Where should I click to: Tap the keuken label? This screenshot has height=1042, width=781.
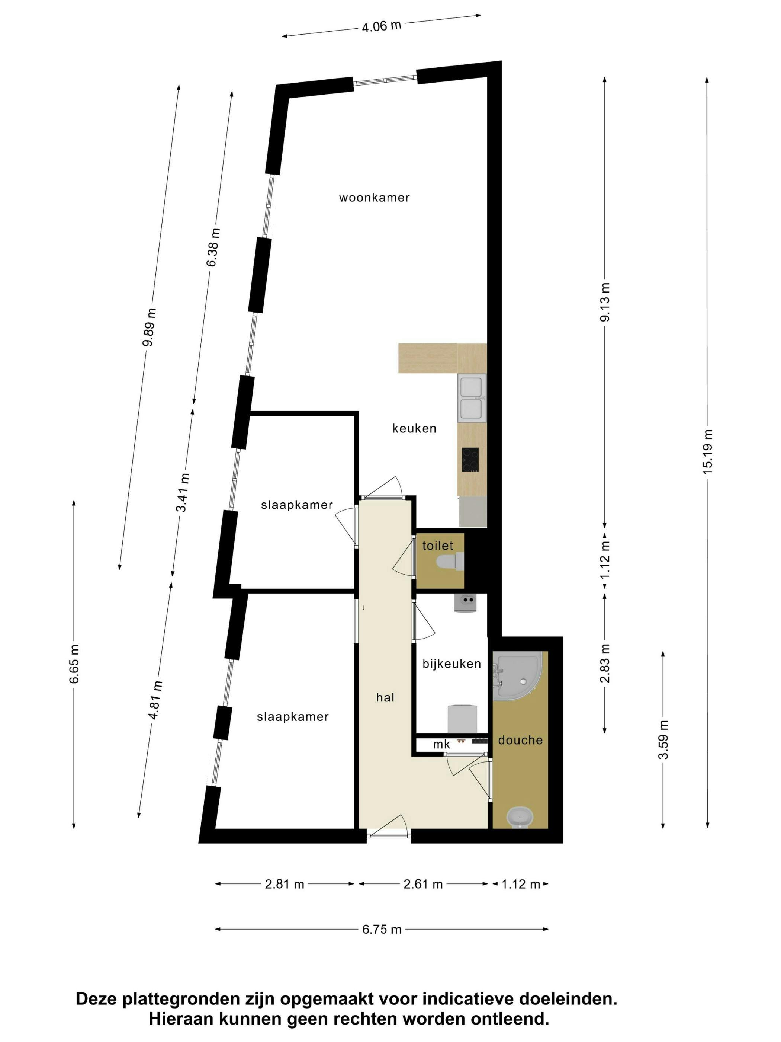pyautogui.click(x=414, y=429)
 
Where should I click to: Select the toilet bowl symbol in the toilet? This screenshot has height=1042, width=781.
pyautogui.click(x=450, y=562)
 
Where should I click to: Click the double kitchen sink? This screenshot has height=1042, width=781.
pyautogui.click(x=471, y=397)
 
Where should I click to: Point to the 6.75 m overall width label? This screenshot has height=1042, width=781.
pyautogui.click(x=382, y=929)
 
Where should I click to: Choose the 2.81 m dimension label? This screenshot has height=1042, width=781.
pyautogui.click(x=285, y=884)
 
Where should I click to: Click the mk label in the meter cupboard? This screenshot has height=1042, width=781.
pyautogui.click(x=441, y=744)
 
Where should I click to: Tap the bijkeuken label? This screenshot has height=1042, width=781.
pyautogui.click(x=451, y=664)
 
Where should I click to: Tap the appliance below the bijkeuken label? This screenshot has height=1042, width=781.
pyautogui.click(x=462, y=719)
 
